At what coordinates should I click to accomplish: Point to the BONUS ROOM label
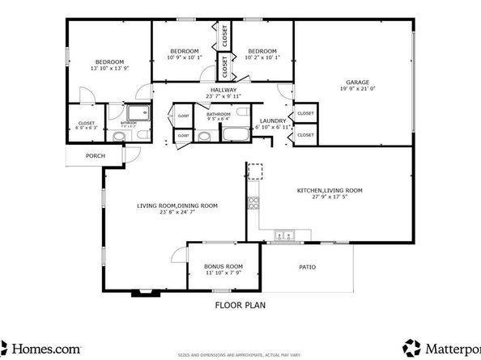223,266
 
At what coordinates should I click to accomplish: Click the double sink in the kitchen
285,236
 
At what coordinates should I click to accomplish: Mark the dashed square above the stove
255,171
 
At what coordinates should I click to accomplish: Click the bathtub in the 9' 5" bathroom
235,135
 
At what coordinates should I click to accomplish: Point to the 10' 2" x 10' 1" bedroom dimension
262,57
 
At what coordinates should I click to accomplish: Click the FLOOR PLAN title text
240,306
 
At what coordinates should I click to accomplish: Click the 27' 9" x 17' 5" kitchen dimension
329,197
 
